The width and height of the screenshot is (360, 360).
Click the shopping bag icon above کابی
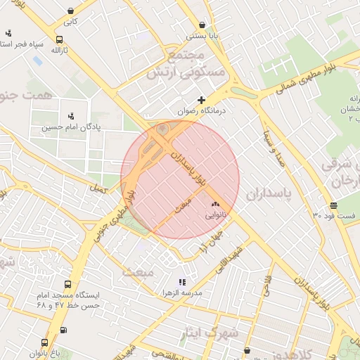(72, 11)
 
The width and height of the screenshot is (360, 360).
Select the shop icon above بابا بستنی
(202, 25)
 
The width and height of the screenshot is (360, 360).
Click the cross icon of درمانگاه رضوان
(202, 101)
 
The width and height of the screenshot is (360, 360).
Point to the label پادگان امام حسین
(70, 127)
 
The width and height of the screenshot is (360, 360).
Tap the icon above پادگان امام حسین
(70, 116)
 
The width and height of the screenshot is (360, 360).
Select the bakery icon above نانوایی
(215, 204)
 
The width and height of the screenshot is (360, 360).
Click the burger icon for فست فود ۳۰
(333, 206)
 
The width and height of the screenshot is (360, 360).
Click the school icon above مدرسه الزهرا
(182, 281)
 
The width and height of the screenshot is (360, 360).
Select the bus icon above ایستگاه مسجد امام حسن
(67, 285)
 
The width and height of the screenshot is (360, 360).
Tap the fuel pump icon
(64, 330)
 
